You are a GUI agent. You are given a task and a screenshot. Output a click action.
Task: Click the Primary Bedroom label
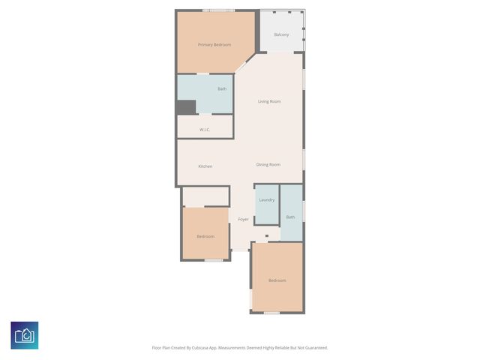[x=214, y=45]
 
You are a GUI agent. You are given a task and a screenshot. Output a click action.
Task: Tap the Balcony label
[x=281, y=34]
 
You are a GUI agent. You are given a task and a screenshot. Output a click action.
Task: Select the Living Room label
[x=269, y=101]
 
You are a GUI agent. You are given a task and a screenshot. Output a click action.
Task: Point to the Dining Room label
[x=268, y=164]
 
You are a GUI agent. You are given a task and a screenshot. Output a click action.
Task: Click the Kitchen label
[x=205, y=166]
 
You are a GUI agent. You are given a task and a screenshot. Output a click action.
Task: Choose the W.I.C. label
[x=204, y=130]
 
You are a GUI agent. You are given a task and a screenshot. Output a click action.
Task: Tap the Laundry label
[x=266, y=199]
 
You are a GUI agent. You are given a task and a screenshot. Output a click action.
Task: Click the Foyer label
[x=243, y=219]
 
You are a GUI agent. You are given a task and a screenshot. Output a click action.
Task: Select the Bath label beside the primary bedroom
[x=222, y=88]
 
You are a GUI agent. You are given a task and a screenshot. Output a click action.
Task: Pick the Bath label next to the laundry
[x=290, y=217]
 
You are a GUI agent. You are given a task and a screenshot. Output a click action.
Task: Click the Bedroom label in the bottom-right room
[x=277, y=280]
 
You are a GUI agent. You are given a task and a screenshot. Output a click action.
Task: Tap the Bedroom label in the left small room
[x=205, y=236]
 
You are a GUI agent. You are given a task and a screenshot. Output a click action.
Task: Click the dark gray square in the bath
[x=185, y=107]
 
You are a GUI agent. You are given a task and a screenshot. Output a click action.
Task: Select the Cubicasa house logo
[x=25, y=335]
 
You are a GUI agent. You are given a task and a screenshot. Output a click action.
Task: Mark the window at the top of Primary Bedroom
[x=217, y=10]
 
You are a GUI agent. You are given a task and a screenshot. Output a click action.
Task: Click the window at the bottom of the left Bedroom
[x=214, y=260]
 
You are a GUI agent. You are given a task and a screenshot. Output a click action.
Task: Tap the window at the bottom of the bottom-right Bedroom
[x=271, y=312]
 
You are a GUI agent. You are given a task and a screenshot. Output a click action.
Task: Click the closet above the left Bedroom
[x=205, y=196]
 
